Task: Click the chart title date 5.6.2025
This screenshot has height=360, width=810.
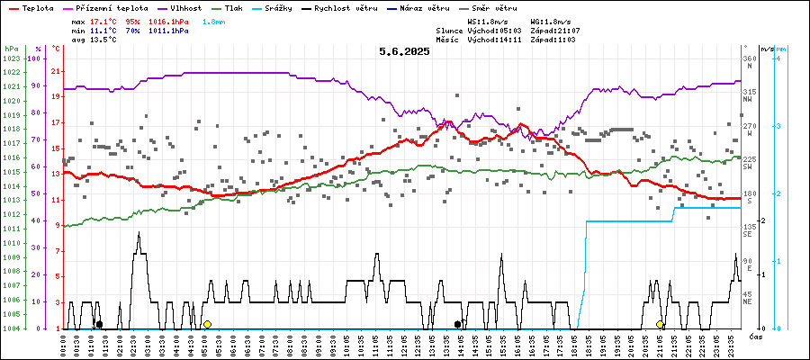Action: pyautogui.click(x=404, y=51)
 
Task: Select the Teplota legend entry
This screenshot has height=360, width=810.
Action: pyautogui.click(x=32, y=8)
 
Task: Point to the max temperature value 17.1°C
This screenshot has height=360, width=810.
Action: pyautogui.click(x=104, y=21)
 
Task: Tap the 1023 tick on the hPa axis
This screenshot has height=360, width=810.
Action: pyautogui.click(x=11, y=58)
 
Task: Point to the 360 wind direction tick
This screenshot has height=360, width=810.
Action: pyautogui.click(x=749, y=58)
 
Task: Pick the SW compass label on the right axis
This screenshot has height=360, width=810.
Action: pyautogui.click(x=747, y=168)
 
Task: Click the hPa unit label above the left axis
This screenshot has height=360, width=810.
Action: pyautogui.click(x=11, y=48)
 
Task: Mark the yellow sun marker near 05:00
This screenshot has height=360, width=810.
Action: pyautogui.click(x=207, y=324)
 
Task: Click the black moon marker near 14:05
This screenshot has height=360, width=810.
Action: pyautogui.click(x=457, y=324)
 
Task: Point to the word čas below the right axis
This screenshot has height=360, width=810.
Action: pyautogui.click(x=757, y=336)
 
